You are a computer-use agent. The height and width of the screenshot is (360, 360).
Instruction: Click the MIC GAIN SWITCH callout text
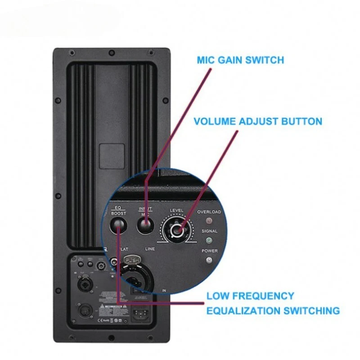[x=240, y=60]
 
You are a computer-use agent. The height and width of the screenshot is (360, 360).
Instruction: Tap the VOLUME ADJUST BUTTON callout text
[x=258, y=121]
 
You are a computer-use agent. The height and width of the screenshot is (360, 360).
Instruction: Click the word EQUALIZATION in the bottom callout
[x=250, y=310]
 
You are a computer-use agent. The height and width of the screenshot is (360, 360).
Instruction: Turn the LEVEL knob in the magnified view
[x=177, y=230]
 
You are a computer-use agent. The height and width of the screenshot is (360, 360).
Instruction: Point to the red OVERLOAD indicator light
[x=208, y=221]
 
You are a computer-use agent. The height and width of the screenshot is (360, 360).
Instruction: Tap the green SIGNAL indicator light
[x=208, y=241]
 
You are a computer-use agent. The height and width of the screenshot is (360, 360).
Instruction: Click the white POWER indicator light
[x=208, y=260]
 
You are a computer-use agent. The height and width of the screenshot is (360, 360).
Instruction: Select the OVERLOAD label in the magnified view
[x=209, y=212]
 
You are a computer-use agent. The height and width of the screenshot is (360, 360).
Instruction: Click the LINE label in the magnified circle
[x=150, y=249]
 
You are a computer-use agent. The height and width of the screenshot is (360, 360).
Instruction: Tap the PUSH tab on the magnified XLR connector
[x=132, y=260]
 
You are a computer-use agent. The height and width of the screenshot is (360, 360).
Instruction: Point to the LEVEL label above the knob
[x=176, y=210]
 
